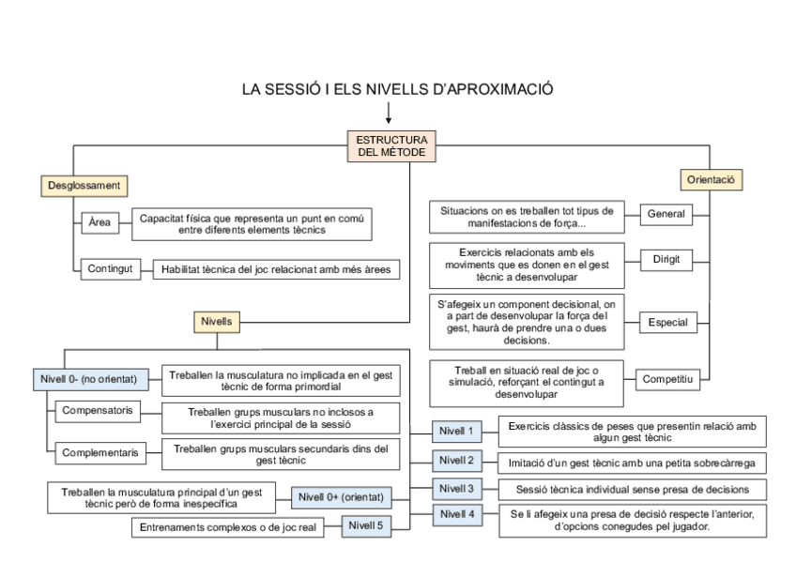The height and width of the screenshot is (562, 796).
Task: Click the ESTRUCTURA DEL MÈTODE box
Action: (390, 147)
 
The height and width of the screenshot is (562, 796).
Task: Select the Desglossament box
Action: (84, 186)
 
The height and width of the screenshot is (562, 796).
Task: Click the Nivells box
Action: (216, 321)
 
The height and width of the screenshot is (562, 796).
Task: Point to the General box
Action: (666, 214)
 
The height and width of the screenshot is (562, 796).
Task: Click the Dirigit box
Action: (666, 259)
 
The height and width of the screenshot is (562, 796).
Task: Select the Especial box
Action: (666, 323)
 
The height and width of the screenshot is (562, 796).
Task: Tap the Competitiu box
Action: (666, 379)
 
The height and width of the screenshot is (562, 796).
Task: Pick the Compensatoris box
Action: (96, 411)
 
